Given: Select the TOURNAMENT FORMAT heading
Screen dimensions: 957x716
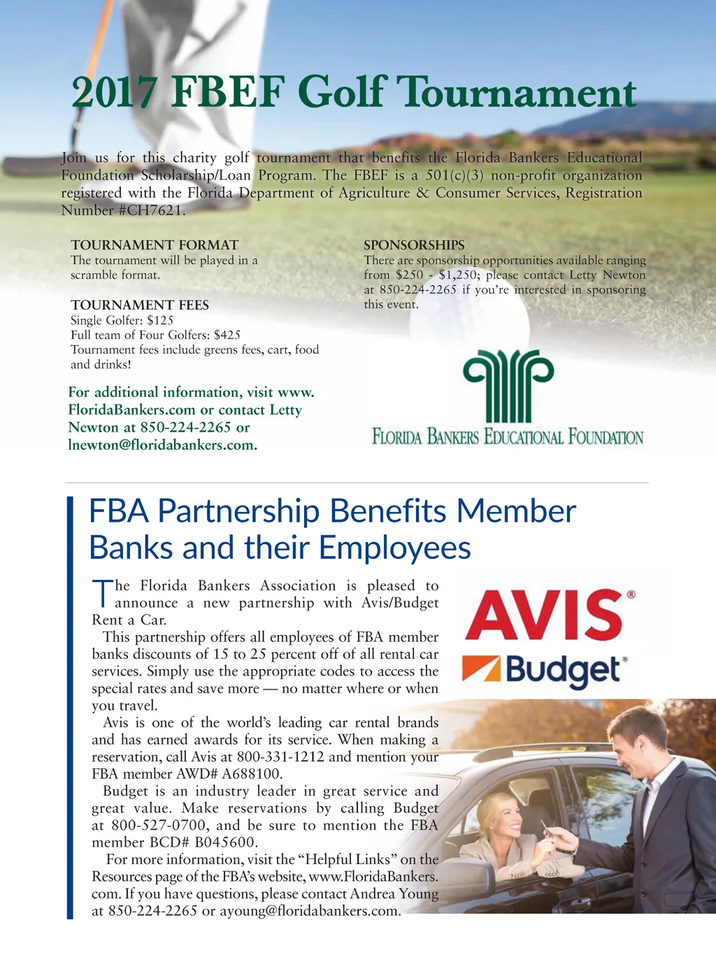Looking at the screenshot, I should pos(155,245).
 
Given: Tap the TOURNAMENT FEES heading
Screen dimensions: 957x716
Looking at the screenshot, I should pos(140,305).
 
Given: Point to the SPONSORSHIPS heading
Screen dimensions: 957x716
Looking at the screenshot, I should pos(414,245).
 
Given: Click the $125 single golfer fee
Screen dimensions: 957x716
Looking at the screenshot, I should pos(160,321).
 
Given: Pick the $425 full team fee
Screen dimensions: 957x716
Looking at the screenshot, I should pos(227,335).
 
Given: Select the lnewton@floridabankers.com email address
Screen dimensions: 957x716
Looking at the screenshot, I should pos(162,445).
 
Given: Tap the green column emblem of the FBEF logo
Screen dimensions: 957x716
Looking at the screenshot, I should pos(508,386).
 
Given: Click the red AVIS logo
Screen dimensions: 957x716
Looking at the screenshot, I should pos(545,615).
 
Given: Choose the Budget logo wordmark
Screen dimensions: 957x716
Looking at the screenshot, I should pos(563,671).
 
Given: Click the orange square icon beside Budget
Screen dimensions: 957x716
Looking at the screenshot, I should pos(482,669).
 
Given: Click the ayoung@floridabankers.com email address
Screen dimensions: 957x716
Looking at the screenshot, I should pos(310,911).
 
